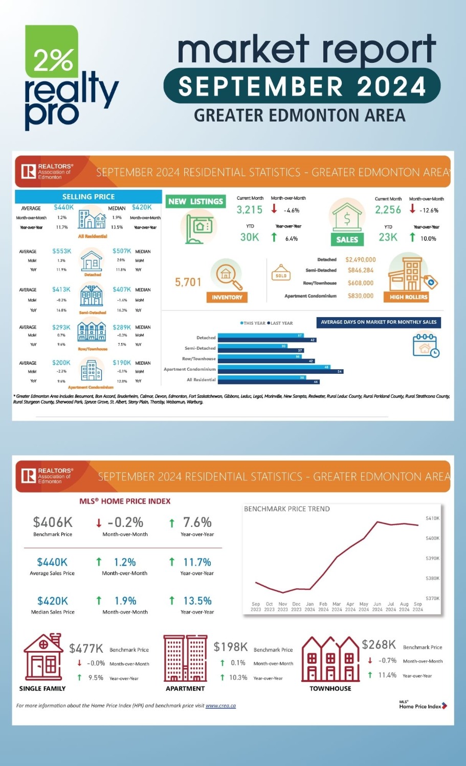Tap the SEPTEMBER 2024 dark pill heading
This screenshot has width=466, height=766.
(302, 86)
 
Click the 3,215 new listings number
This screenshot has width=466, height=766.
(249, 210)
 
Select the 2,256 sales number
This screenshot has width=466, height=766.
(388, 210)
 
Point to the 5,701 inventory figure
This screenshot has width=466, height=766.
(188, 282)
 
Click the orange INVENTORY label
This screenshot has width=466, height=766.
(227, 297)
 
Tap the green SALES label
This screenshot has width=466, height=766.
(347, 239)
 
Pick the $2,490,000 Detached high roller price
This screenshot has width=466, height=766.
(361, 259)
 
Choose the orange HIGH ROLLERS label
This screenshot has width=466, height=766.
(408, 297)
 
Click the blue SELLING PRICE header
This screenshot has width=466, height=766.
(88, 197)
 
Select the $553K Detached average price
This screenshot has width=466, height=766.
(61, 251)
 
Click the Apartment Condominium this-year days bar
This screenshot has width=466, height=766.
(274, 367)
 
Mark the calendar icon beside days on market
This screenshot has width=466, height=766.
(426, 345)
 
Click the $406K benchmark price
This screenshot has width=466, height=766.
(53, 522)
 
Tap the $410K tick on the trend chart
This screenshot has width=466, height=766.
(432, 518)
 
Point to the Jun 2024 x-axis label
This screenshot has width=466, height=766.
(377, 607)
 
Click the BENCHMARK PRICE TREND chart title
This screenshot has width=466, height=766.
(287, 509)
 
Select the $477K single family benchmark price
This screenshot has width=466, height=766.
(86, 649)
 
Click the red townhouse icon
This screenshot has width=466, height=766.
(330, 659)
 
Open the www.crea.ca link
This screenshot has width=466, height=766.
(220, 706)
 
